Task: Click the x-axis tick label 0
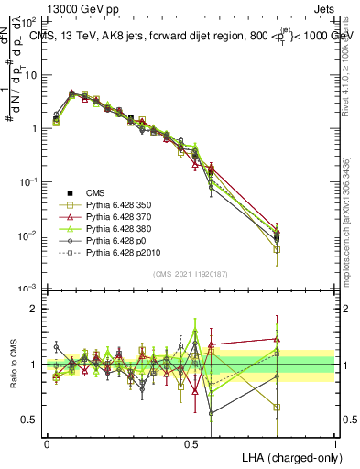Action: [x=46, y=442]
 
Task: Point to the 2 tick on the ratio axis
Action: [x=33, y=310]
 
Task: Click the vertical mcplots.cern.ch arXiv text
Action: [x=353, y=220]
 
